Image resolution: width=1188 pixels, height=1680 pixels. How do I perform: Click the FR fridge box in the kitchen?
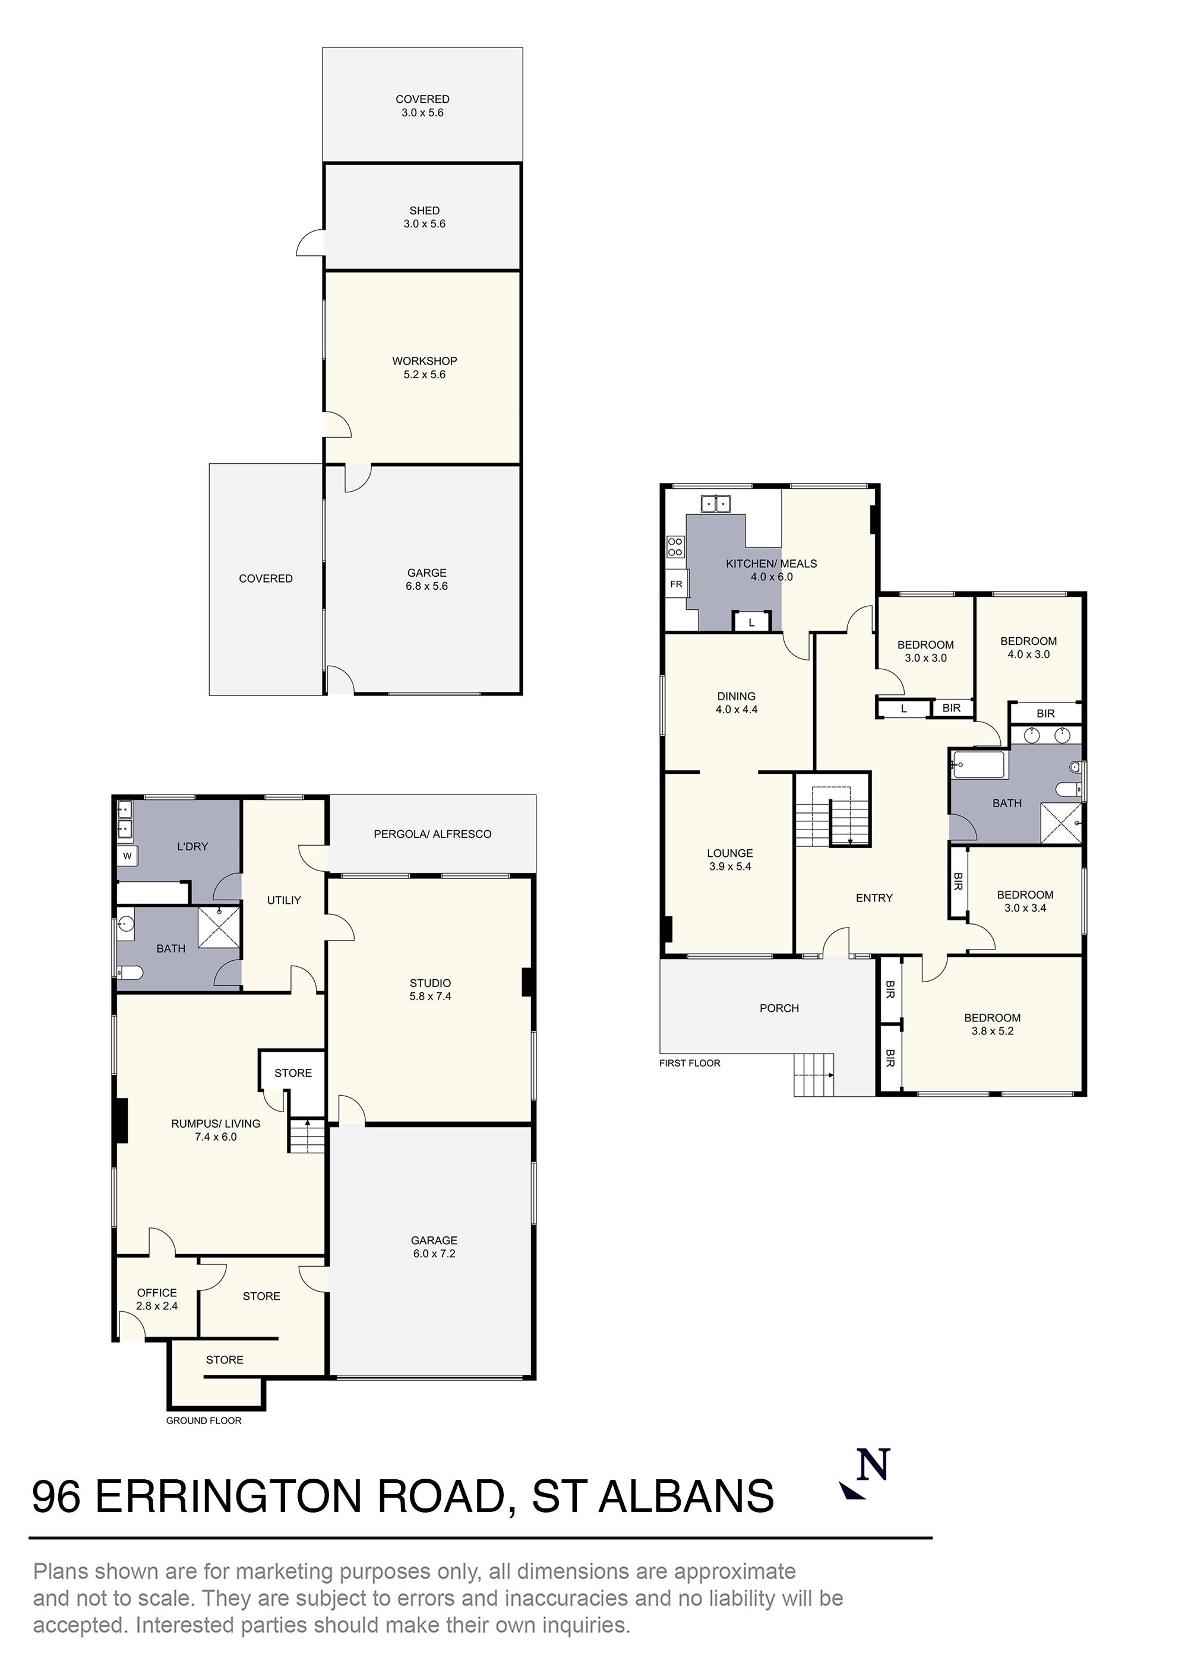pos(675,584)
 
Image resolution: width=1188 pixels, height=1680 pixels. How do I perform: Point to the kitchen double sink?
pos(716,504)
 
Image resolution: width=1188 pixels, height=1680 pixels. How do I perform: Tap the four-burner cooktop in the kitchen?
pos(675,546)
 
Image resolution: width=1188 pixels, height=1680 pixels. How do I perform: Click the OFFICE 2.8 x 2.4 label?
pos(157,1299)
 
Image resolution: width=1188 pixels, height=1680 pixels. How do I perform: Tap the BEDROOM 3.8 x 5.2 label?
pos(992,1024)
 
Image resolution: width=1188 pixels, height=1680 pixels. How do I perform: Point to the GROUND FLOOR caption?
pos(204,1420)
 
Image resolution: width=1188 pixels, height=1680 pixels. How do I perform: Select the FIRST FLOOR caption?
pos(690,1063)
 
